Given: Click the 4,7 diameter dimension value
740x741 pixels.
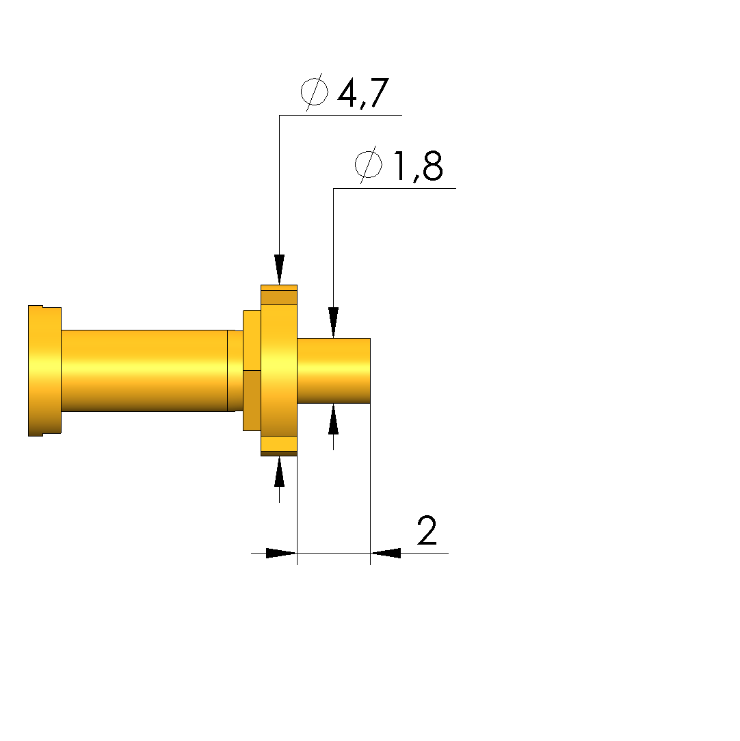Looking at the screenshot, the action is (x=363, y=93).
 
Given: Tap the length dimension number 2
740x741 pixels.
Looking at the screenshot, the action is (x=427, y=530).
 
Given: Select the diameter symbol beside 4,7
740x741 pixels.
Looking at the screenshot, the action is (x=315, y=92).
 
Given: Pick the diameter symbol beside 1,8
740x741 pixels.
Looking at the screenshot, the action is (x=369, y=164).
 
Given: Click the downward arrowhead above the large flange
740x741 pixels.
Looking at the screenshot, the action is (x=280, y=270).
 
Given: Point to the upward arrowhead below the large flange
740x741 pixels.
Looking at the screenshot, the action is (x=280, y=471).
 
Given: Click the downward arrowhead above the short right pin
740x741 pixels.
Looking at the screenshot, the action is (x=333, y=322).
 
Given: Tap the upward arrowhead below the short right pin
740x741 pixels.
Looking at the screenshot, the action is (x=333, y=419).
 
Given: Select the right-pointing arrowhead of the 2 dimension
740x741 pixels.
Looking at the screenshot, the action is (x=282, y=553).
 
